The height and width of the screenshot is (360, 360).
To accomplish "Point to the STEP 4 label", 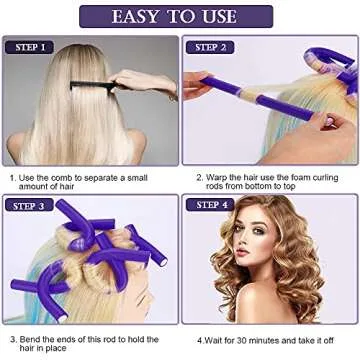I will pos(212,206).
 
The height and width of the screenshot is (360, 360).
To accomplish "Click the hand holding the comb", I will pos(150,82).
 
